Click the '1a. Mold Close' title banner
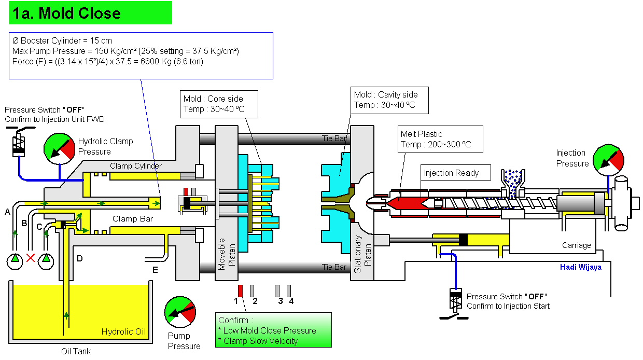coord(90,13)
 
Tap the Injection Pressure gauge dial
coord(608,160)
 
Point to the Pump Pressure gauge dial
coord(180,312)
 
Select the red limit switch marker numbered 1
coord(240,290)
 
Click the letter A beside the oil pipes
coord(7,212)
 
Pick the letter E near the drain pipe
coord(155,270)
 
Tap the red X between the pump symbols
coord(31,258)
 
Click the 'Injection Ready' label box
coord(451,173)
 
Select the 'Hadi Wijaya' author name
coord(581,267)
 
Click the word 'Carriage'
coord(576,245)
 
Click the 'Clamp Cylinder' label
coord(136,166)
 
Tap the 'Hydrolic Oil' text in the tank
coord(124,332)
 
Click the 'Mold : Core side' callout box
coord(213,104)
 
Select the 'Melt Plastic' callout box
coord(440,139)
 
